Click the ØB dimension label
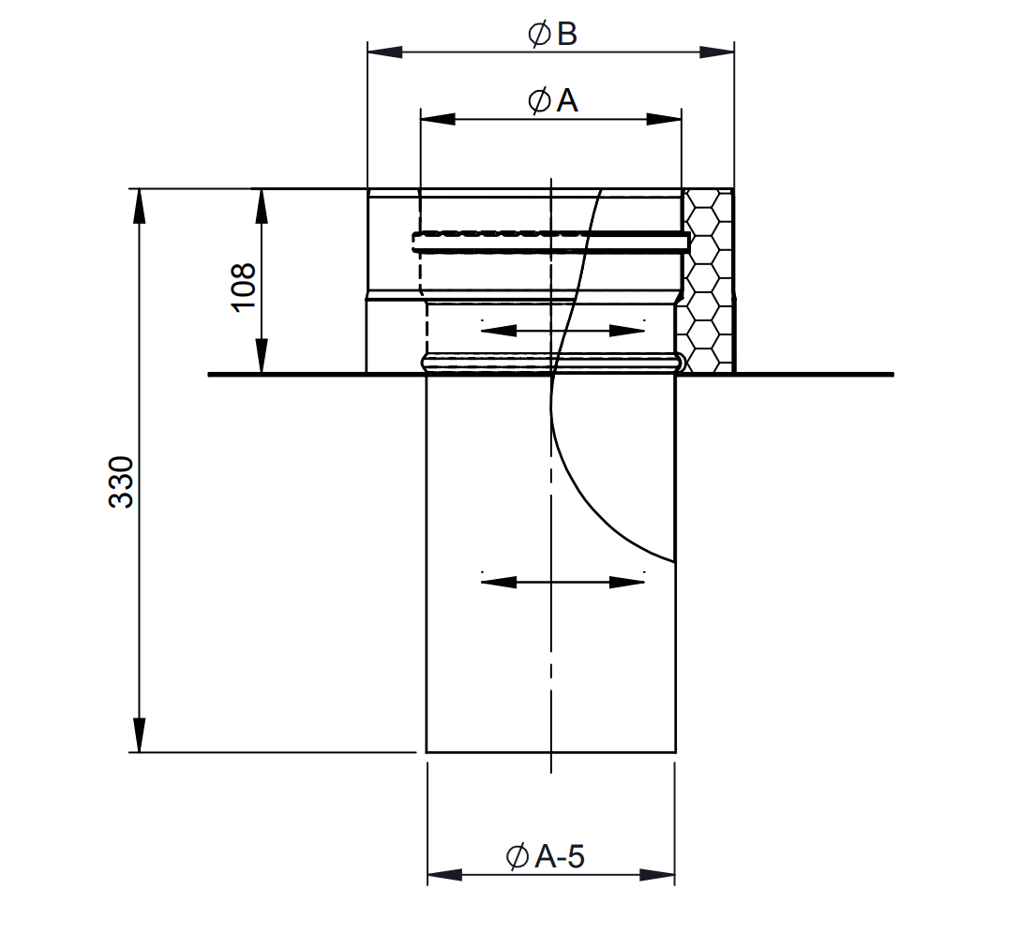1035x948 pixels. (552, 35)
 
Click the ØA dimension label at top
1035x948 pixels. (552, 100)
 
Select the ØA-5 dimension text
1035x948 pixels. (545, 855)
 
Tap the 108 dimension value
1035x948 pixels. (242, 287)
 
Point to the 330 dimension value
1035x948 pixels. (122, 482)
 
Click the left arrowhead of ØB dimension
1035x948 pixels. (383, 52)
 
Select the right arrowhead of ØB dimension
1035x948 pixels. (718, 52)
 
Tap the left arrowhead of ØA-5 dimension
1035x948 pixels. (444, 875)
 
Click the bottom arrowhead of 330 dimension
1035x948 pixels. (139, 735)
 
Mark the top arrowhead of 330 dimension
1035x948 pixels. (139, 205)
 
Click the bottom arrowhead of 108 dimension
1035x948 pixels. (262, 357)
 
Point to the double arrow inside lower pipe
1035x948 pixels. (562, 582)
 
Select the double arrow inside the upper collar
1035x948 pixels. (562, 330)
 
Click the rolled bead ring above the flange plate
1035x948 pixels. (551, 360)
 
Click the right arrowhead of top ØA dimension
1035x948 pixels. (665, 119)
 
